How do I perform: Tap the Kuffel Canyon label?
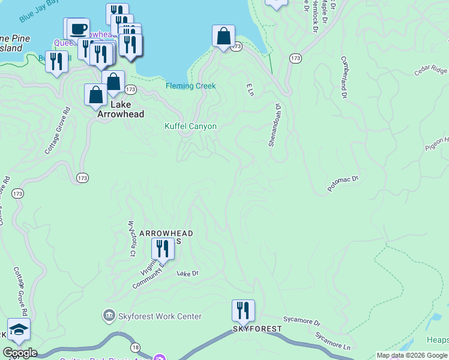point(190,127)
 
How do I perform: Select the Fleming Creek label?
point(190,86)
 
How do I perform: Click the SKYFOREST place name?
point(258,329)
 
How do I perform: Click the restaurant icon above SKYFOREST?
point(243,310)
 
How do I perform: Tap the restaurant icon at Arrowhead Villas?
point(162,247)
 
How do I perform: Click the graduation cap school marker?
point(19,330)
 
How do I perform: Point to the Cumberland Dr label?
point(345,78)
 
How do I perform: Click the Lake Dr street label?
point(187,273)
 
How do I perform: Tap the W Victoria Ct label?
point(130,238)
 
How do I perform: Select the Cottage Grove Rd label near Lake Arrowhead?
point(57,130)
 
